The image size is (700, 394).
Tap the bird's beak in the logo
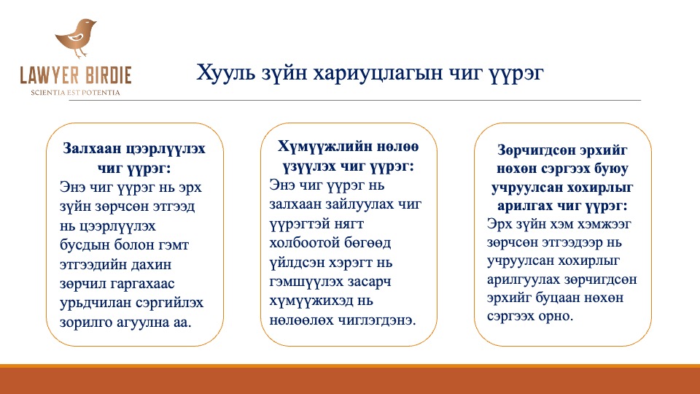click(x=94, y=21)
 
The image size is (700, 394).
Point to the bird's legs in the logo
click(x=80, y=53)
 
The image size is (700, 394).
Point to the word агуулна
click(x=143, y=322)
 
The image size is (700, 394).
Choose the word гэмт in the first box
click(x=174, y=245)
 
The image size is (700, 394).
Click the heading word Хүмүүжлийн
click(x=324, y=147)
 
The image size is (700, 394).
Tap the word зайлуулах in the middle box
click(x=359, y=204)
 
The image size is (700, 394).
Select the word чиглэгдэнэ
click(x=376, y=320)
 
